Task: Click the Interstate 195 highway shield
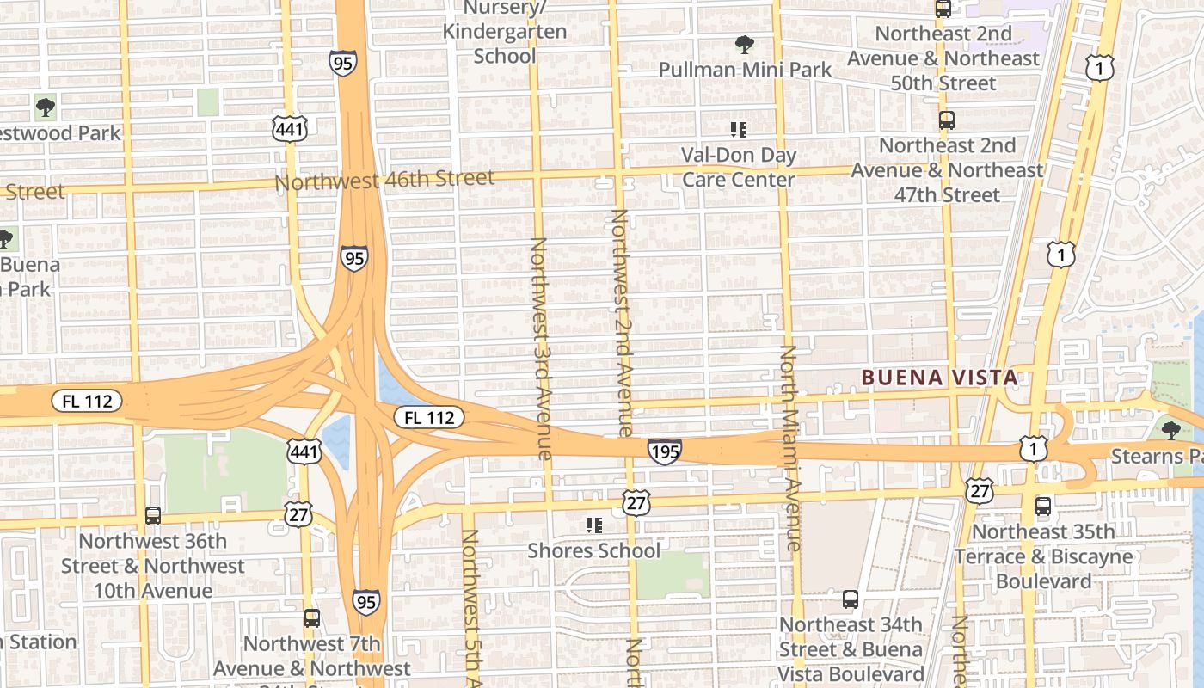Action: (665, 451)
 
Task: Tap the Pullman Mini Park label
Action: (745, 70)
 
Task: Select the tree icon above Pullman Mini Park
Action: (744, 44)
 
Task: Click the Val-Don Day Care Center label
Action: (739, 167)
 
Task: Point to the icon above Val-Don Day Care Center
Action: (738, 130)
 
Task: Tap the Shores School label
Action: (593, 550)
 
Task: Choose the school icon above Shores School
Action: (593, 525)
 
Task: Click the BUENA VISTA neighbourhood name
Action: (940, 377)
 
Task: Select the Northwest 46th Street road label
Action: (384, 180)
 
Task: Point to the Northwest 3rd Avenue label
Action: (540, 348)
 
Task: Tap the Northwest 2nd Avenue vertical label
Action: (621, 322)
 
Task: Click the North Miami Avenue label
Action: (789, 447)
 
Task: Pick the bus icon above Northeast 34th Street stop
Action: (851, 599)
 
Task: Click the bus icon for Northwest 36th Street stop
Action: (153, 516)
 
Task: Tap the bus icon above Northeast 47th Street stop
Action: (947, 120)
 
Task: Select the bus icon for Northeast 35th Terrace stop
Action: (1043, 507)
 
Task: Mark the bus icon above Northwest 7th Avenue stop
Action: (311, 617)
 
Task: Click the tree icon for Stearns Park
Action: (1170, 430)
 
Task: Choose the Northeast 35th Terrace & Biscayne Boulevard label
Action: (1043, 556)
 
